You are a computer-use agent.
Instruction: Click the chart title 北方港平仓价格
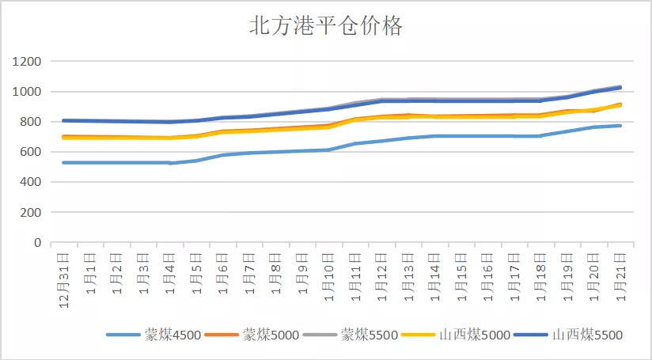[x=326, y=26]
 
